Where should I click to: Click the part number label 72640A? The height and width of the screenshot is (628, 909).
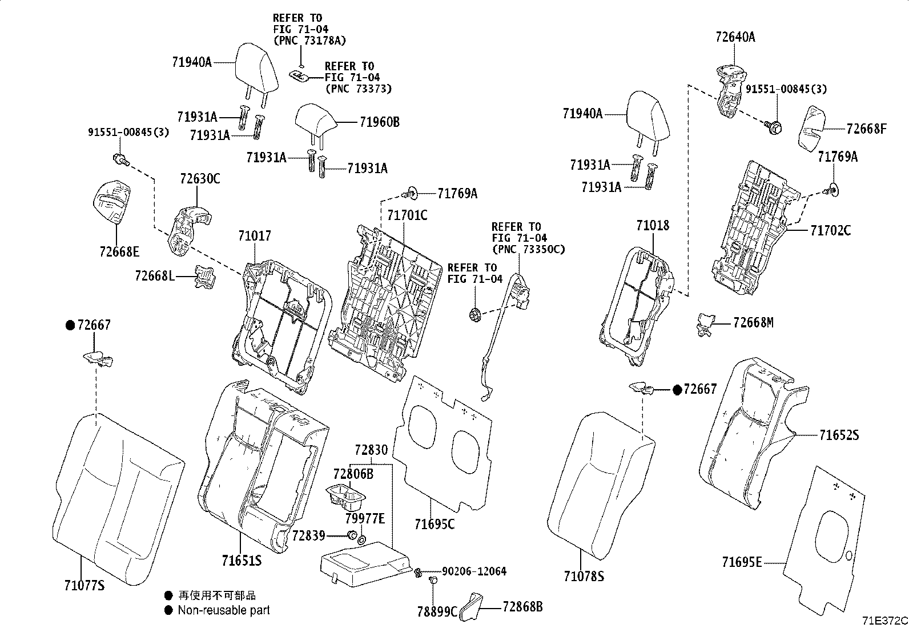tap(735, 37)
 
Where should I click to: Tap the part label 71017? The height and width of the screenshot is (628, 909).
tap(255, 235)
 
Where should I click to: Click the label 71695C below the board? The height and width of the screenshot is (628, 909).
tap(435, 523)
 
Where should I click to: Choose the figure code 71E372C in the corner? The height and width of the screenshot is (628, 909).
tap(884, 621)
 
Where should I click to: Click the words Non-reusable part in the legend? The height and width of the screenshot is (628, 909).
tap(223, 610)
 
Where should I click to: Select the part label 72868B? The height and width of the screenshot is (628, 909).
tap(522, 607)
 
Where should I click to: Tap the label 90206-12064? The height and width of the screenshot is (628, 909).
tap(474, 571)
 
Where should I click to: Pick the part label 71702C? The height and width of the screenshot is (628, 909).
tap(830, 230)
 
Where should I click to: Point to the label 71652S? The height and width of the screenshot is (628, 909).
tap(839, 435)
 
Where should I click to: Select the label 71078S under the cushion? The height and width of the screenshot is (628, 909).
tap(584, 577)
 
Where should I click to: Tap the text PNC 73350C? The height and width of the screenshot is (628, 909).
tap(528, 249)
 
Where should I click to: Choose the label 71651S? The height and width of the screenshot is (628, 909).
tap(242, 561)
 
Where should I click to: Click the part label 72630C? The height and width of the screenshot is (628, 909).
tap(200, 179)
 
